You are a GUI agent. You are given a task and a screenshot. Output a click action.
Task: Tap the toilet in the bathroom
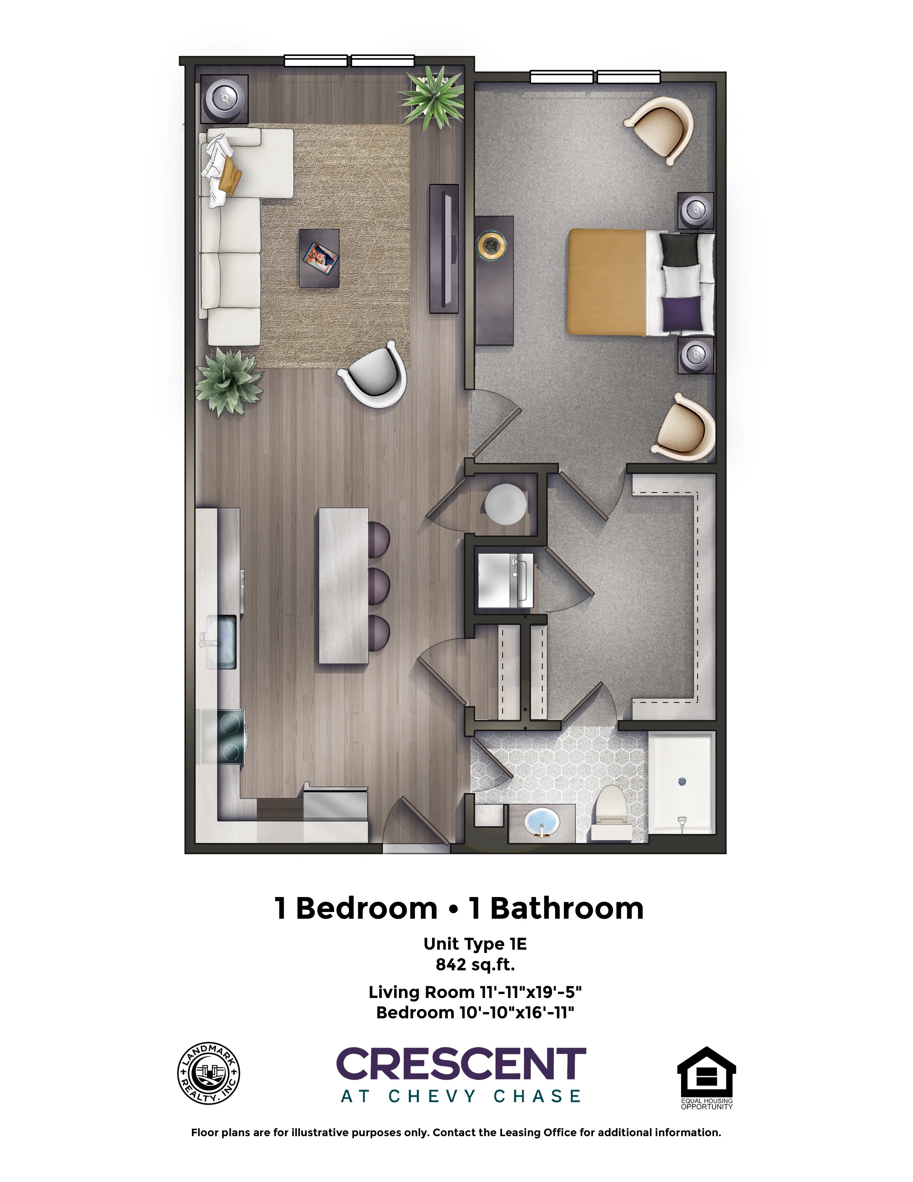(x=611, y=812)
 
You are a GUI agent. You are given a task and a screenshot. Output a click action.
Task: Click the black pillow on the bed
(x=681, y=250)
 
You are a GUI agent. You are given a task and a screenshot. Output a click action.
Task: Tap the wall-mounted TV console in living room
(x=444, y=248)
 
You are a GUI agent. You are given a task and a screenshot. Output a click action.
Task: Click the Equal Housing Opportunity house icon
(x=706, y=1071)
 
